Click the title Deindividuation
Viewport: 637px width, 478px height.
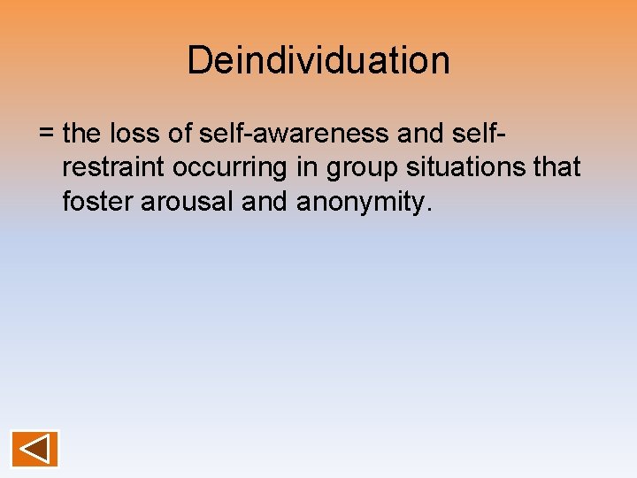pos(318,60)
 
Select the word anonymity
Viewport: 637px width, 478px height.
pos(361,202)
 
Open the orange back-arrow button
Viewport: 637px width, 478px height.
pos(35,449)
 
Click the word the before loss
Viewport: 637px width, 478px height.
pos(84,134)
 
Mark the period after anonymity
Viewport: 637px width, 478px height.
pos(429,209)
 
